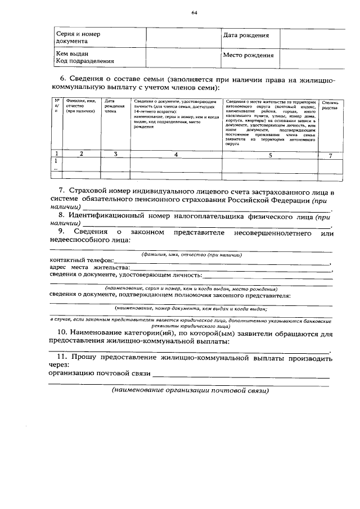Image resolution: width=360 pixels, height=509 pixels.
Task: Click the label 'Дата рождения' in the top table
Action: click(246, 35)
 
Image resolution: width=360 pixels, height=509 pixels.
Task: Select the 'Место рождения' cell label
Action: click(248, 55)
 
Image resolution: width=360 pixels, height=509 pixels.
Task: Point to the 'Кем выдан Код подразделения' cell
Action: click(80, 57)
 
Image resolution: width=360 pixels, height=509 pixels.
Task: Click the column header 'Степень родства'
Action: click(330, 105)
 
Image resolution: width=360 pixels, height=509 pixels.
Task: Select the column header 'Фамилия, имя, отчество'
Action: click(82, 106)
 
